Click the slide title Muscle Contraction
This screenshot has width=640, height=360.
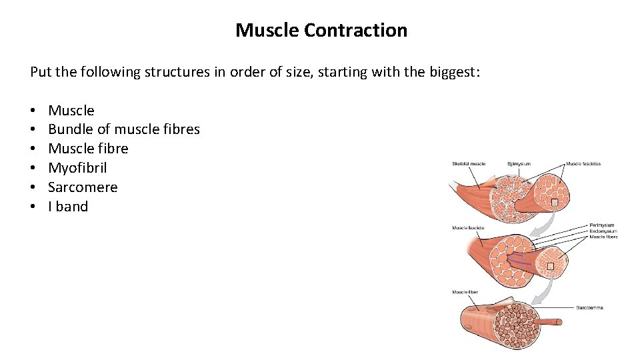321,31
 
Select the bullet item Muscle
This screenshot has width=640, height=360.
71,111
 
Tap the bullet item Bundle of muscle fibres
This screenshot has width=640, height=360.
124,129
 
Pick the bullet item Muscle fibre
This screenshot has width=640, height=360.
88,149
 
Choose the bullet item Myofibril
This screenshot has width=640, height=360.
77,168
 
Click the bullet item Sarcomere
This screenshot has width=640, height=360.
83,187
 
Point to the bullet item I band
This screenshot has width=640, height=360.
68,207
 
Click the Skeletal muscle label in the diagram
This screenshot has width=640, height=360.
469,164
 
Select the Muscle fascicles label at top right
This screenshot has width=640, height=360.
583,164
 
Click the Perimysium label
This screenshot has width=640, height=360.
602,225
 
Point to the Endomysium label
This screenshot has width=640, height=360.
603,231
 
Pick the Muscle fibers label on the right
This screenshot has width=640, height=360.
603,237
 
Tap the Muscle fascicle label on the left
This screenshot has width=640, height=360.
468,228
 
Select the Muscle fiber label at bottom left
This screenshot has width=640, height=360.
465,292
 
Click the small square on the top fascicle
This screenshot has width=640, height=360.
554,202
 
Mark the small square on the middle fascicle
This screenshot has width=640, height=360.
550,267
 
